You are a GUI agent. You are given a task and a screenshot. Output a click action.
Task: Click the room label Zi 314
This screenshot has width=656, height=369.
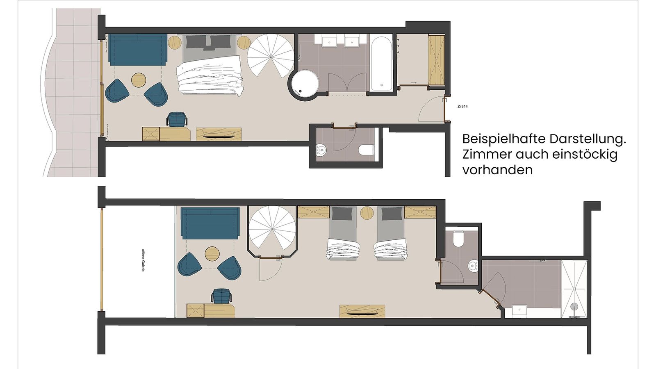point(462,107)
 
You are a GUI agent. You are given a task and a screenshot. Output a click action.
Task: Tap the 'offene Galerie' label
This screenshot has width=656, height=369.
point(143,260)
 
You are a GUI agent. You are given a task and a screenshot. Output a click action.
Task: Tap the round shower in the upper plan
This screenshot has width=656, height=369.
point(304,84)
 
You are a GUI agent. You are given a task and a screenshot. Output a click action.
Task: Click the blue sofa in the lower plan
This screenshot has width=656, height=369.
point(210,223)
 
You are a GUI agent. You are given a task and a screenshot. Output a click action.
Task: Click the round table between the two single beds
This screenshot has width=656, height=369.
point(367,213)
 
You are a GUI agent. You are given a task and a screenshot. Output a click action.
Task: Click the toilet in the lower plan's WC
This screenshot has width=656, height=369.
point(458,239)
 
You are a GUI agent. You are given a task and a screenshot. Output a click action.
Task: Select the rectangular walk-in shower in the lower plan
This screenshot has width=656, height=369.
point(574,289)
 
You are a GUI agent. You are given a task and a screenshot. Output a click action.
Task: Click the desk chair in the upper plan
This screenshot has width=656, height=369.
point(177,119)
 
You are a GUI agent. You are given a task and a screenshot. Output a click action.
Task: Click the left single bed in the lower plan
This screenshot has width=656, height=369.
point(343,234)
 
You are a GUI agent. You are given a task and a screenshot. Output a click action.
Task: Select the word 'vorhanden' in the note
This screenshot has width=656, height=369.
point(497,170)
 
